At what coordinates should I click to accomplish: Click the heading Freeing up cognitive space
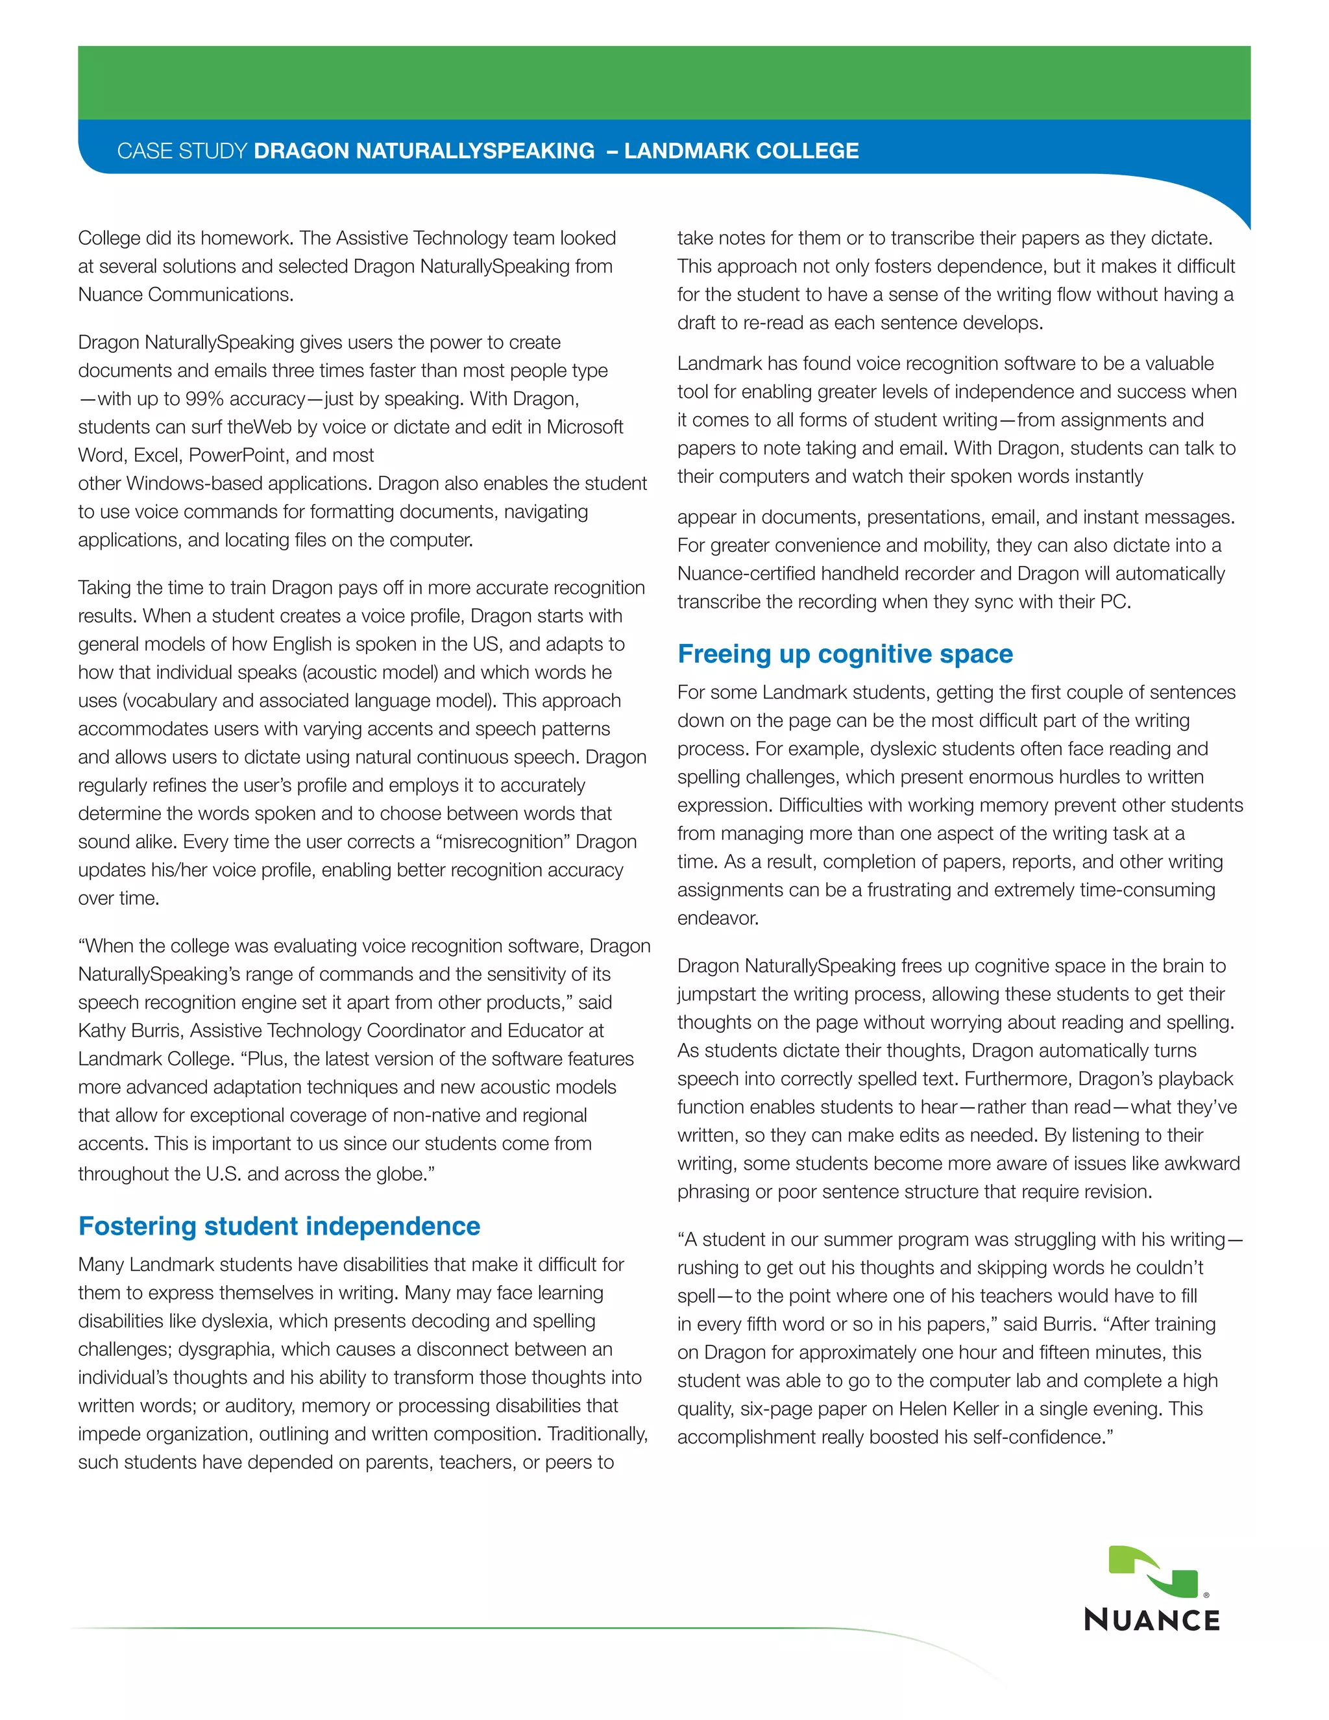point(845,654)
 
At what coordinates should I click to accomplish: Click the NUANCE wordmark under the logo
point(1152,1620)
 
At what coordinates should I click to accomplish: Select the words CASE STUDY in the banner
point(182,151)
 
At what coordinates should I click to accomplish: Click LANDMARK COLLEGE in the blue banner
point(741,151)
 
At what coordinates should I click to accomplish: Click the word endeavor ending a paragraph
point(716,918)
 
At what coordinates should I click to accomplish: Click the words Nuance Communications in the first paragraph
point(185,295)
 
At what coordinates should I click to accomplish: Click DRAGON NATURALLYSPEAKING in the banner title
point(424,151)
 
